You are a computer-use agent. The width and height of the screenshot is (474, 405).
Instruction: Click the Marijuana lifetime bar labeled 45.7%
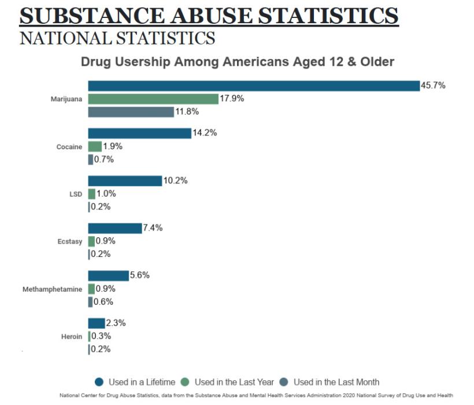(x=254, y=86)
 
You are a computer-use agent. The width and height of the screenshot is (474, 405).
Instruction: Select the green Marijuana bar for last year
(x=153, y=99)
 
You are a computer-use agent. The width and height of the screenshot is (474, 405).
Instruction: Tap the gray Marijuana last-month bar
(x=131, y=112)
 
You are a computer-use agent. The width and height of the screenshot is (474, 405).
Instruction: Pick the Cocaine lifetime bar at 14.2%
(x=140, y=134)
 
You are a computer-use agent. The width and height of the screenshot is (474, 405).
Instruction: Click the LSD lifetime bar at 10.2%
(x=125, y=181)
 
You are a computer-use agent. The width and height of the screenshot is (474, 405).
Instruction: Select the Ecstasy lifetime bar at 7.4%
(x=115, y=229)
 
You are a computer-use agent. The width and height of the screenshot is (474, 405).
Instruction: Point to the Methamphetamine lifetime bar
(x=109, y=275)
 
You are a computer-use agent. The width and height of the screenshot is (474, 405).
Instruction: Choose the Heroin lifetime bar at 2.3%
(x=97, y=323)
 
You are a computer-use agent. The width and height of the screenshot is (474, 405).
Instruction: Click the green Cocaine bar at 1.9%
(x=95, y=146)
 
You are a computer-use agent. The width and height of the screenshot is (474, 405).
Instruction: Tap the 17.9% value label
(x=232, y=98)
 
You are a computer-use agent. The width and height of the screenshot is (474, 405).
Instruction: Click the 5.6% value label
(x=140, y=275)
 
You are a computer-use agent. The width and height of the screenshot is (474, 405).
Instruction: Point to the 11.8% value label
(x=187, y=112)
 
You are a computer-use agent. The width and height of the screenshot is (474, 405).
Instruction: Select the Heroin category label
(x=72, y=337)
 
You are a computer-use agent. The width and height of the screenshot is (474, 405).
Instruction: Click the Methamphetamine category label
(x=52, y=289)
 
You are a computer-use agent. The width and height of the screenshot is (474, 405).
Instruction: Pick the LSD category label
(x=76, y=194)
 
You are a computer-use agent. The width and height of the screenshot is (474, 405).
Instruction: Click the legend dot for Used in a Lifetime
(x=99, y=382)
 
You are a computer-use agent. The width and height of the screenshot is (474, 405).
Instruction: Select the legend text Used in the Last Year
(x=234, y=382)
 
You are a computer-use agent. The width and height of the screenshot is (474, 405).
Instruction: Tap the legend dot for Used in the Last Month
(x=284, y=382)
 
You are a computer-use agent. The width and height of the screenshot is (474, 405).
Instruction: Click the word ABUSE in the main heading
(x=212, y=16)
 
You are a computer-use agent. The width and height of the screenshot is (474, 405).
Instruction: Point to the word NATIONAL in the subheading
(x=65, y=38)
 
